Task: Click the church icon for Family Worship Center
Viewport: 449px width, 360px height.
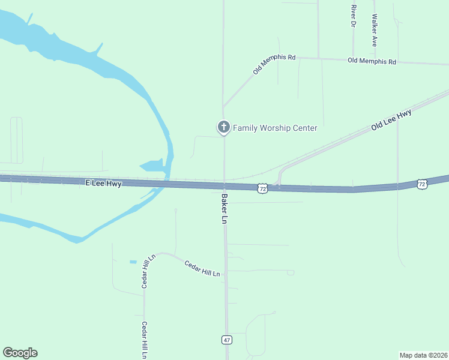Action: point(223,127)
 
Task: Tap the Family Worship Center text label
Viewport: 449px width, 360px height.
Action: point(275,128)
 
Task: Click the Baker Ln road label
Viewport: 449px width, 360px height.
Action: point(224,208)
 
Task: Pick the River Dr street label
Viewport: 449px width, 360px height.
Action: point(354,16)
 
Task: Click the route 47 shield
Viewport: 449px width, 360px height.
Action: point(226,340)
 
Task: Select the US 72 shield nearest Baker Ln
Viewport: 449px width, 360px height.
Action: point(262,188)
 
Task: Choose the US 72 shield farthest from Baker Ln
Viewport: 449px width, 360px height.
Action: point(422,184)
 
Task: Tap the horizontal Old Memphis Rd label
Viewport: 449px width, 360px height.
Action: point(372,61)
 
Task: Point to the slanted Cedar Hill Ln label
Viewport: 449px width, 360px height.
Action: point(202,268)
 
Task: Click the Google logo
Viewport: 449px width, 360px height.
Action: point(20,353)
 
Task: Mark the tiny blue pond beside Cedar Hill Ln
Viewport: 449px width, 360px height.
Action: point(133,262)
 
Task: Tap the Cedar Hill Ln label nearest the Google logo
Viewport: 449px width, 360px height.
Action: point(144,340)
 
